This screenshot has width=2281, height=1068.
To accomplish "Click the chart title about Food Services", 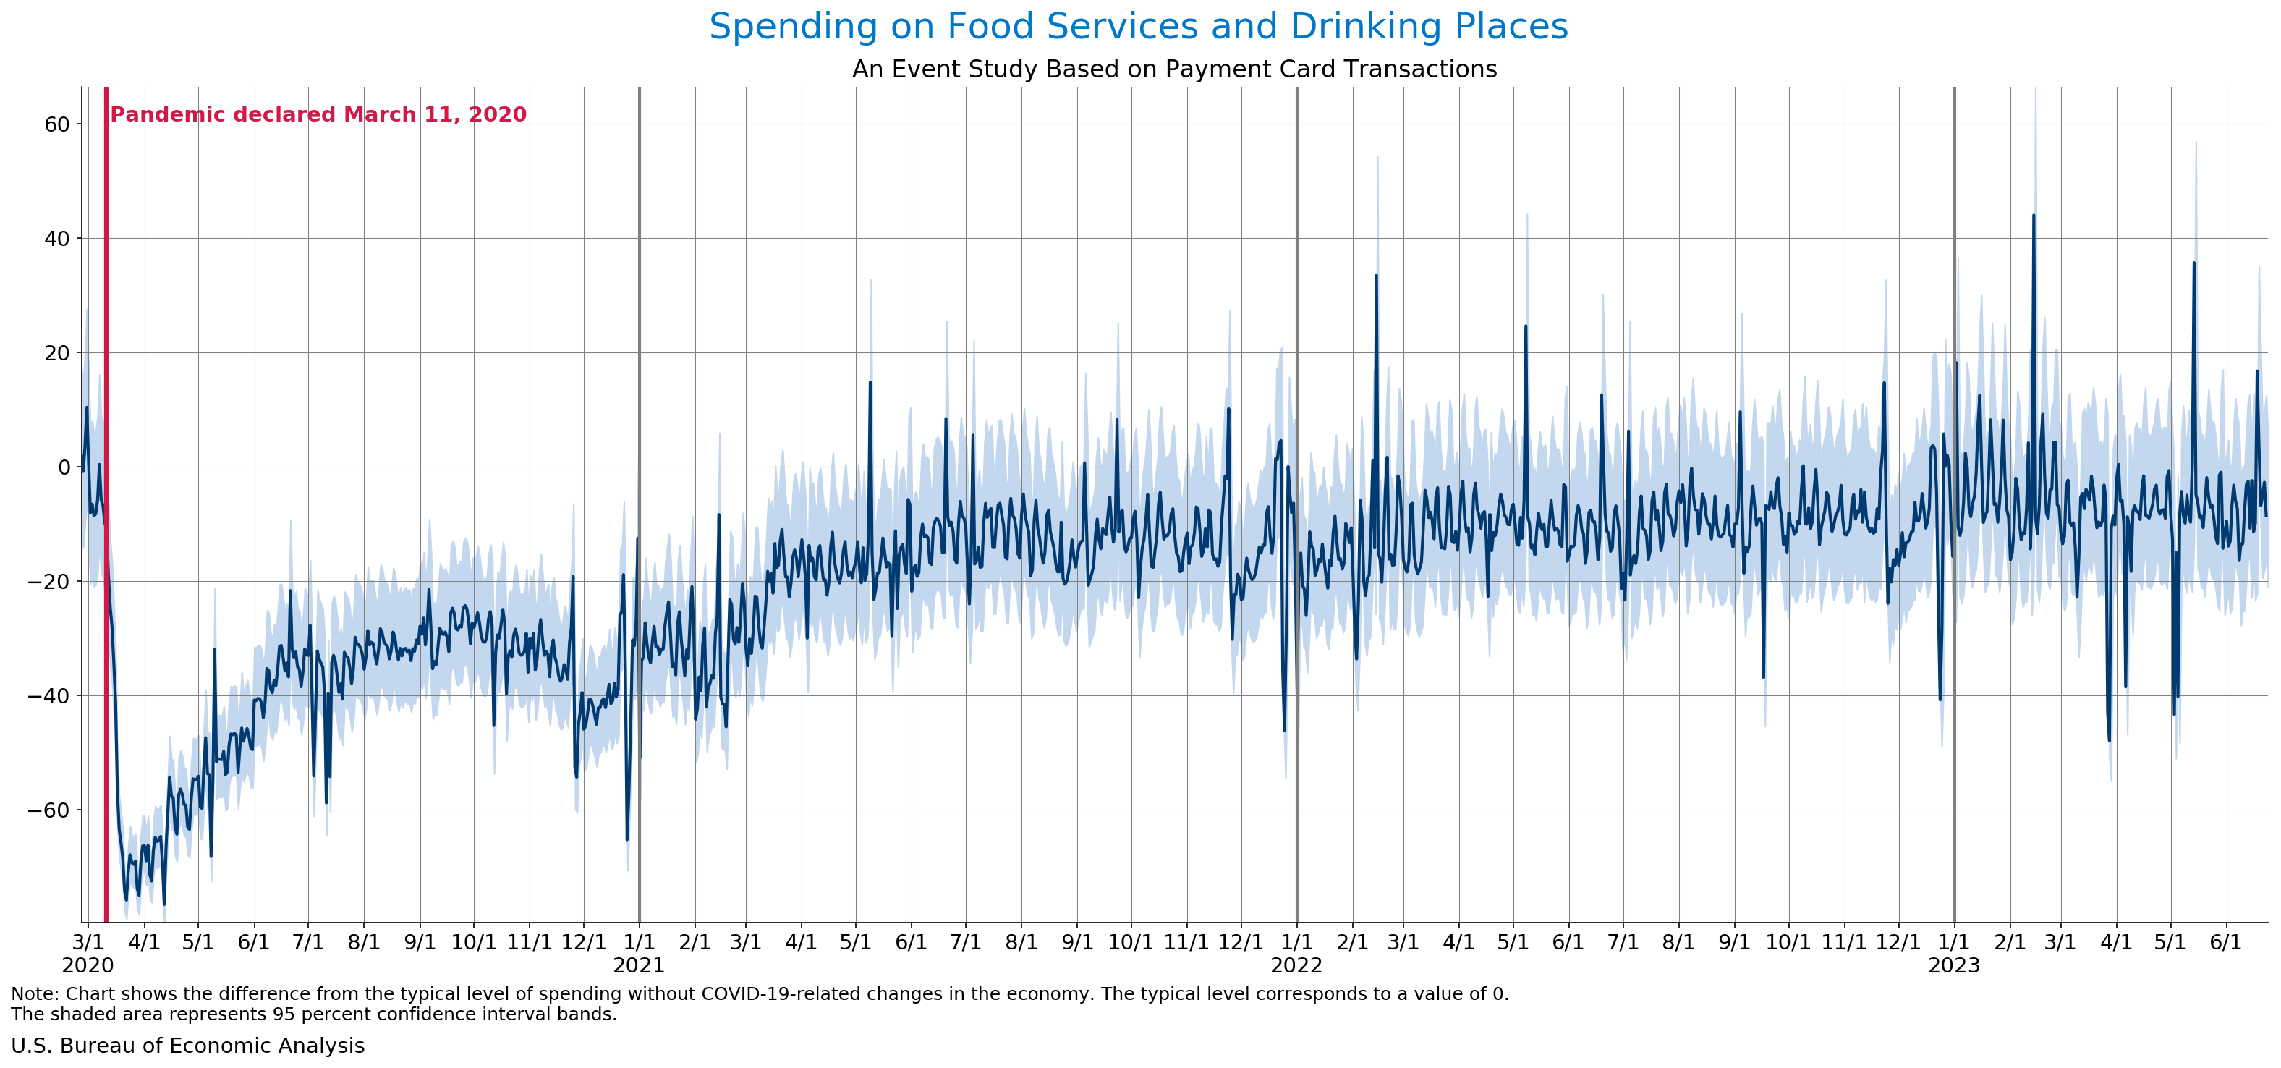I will coord(1138,27).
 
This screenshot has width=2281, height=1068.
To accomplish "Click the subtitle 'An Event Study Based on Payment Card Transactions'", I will coord(1174,69).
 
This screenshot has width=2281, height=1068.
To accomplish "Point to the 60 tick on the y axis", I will coord(56,124).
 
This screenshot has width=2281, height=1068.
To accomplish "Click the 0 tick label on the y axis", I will coord(64,467).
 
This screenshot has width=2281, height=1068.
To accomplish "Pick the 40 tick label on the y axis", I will coord(56,239).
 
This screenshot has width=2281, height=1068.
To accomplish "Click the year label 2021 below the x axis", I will coord(638,966).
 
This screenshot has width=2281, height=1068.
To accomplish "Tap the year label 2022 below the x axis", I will coord(1296,966).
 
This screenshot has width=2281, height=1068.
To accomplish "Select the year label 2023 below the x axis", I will coord(1954,966).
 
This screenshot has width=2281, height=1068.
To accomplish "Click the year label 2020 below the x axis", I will coord(88,966).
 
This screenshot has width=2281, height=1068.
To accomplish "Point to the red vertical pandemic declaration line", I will coord(106,531).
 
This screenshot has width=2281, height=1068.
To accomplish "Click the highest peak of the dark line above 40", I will coord(2033,215).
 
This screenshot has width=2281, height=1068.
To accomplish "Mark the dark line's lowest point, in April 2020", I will coord(163,903).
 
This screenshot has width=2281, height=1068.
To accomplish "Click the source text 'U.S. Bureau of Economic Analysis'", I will coord(187,1046).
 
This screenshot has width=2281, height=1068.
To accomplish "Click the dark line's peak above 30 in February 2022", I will coord(1376,276).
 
